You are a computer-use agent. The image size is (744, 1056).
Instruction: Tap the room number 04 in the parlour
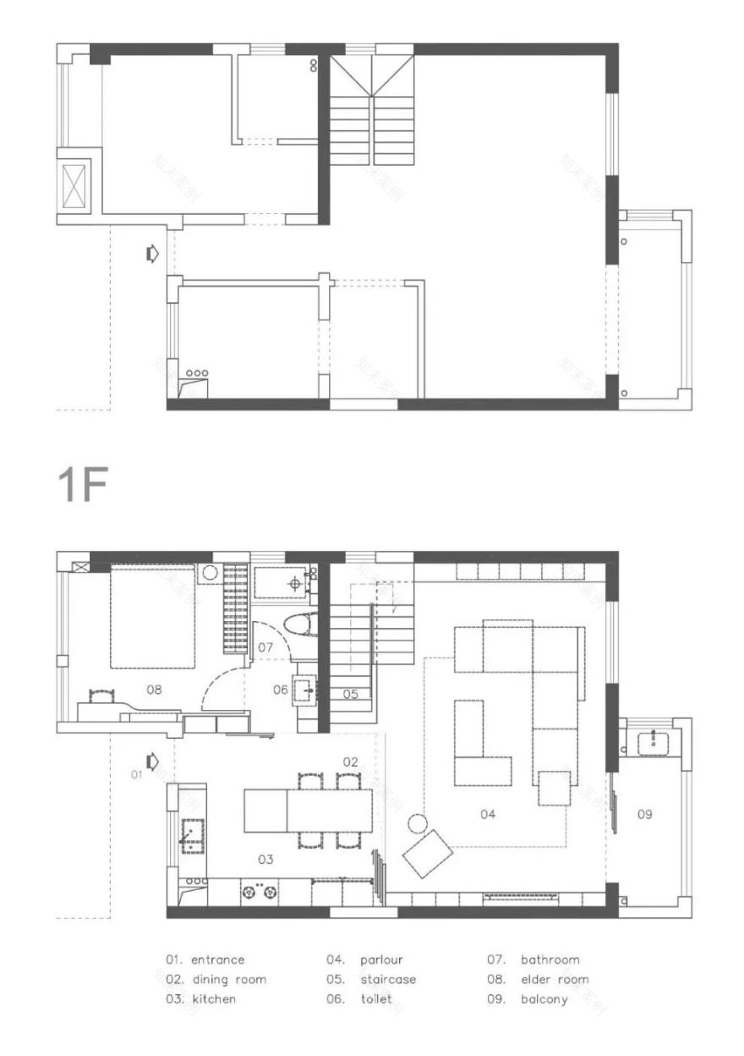pyautogui.click(x=487, y=814)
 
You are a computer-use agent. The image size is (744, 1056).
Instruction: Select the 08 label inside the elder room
pyautogui.click(x=153, y=690)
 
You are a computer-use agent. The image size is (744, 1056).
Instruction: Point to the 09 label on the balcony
pyautogui.click(x=644, y=814)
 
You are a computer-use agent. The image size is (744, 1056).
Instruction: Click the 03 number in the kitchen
pyautogui.click(x=265, y=859)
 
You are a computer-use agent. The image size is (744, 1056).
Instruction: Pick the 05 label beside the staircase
pyautogui.click(x=350, y=694)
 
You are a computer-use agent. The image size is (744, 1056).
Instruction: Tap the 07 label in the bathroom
pyautogui.click(x=265, y=647)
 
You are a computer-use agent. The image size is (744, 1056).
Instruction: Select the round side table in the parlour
pyautogui.click(x=417, y=823)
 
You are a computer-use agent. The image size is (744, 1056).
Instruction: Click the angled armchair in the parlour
pyautogui.click(x=429, y=853)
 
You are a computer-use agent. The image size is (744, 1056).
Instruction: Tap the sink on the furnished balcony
pyautogui.click(x=653, y=743)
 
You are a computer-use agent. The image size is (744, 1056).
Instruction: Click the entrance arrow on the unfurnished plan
pyautogui.click(x=152, y=253)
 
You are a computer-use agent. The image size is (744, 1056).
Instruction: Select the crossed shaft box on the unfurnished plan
pyautogui.click(x=74, y=182)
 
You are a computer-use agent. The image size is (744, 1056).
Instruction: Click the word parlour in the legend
pyautogui.click(x=381, y=960)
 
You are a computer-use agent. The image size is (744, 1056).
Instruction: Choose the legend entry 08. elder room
pyautogui.click(x=538, y=979)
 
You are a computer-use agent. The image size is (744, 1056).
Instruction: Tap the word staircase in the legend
pyautogui.click(x=387, y=979)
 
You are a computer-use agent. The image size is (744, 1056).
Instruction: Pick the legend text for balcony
pyautogui.click(x=544, y=999)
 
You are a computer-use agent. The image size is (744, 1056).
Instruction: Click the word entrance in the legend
pyautogui.click(x=217, y=960)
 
